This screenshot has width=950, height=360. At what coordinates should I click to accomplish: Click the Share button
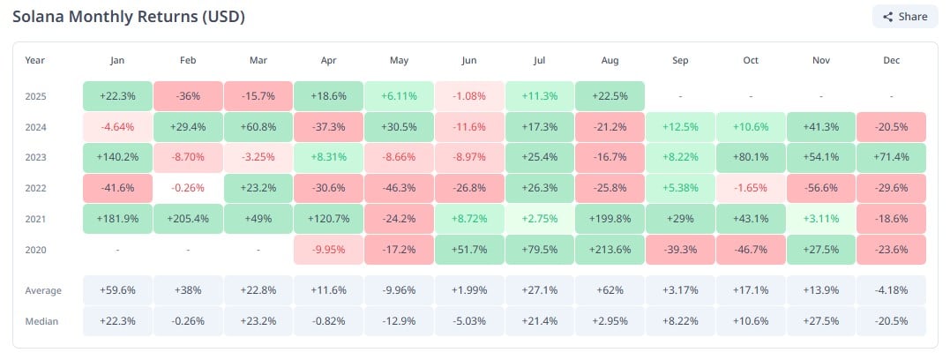pyautogui.click(x=904, y=17)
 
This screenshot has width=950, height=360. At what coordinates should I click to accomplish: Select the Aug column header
pyautogui.click(x=610, y=60)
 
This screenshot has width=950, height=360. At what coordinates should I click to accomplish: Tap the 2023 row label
pyautogui.click(x=35, y=158)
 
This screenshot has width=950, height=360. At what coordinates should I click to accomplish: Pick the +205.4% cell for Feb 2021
pyautogui.click(x=188, y=219)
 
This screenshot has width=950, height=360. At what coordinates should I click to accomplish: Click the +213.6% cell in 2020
pyautogui.click(x=610, y=250)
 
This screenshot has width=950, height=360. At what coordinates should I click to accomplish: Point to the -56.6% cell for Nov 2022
pyautogui.click(x=820, y=188)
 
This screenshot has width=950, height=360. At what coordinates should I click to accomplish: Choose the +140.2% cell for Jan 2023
pyautogui.click(x=117, y=158)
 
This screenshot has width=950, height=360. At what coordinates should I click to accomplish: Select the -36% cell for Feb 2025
pyautogui.click(x=188, y=96)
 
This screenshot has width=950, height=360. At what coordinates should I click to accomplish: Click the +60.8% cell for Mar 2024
pyautogui.click(x=258, y=127)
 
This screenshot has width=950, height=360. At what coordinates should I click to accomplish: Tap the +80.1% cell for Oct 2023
pyautogui.click(x=750, y=158)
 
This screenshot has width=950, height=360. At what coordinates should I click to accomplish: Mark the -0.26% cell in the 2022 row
pyautogui.click(x=188, y=188)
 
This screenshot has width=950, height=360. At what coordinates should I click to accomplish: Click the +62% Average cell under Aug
pyautogui.click(x=610, y=290)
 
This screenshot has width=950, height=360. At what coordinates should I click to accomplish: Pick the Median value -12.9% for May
pyautogui.click(x=399, y=321)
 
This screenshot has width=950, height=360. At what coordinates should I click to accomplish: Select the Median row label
pyautogui.click(x=41, y=321)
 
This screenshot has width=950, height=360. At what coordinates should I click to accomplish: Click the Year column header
pyautogui.click(x=35, y=60)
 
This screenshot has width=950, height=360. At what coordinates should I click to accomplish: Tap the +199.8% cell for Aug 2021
pyautogui.click(x=610, y=219)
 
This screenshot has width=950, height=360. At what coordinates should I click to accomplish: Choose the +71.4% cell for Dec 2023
pyautogui.click(x=891, y=158)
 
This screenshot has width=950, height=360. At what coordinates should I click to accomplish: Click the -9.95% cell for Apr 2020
pyautogui.click(x=328, y=250)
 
